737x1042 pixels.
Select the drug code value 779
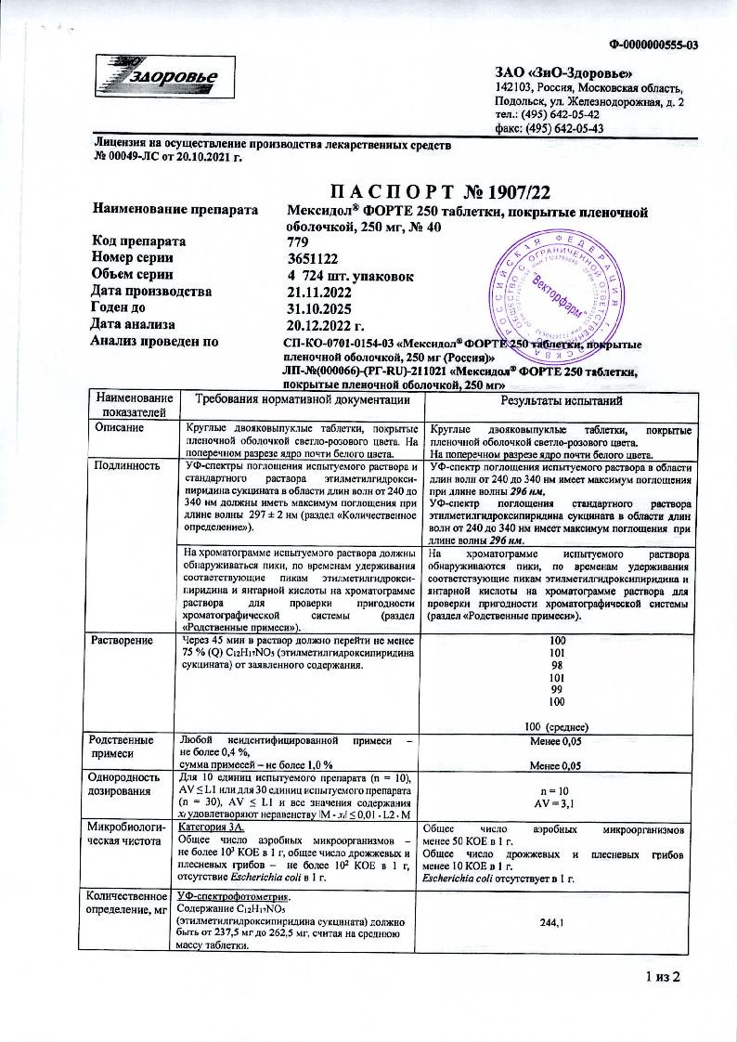pos(300,241)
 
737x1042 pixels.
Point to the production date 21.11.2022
pos(321,291)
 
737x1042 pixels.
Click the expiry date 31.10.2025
pos(321,307)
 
